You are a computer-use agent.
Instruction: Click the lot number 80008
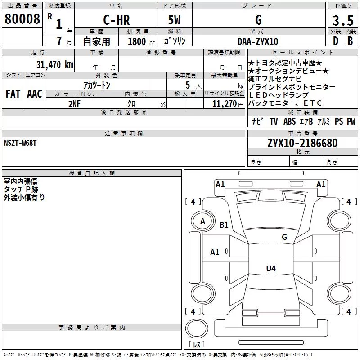22,19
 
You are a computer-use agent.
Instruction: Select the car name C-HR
117,20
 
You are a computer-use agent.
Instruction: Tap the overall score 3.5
343,21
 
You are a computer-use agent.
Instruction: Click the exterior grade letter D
336,41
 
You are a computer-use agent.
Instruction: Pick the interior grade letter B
351,41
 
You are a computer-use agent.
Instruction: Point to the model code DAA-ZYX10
258,41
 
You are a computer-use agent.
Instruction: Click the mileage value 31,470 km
55,65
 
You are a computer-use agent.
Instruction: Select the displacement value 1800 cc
141,42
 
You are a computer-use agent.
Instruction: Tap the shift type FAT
13,94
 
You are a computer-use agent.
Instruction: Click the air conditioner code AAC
35,94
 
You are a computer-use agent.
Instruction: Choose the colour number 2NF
74,104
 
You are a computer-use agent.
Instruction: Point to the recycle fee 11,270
224,104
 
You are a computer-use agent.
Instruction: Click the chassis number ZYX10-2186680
302,143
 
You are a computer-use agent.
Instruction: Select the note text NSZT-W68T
20,143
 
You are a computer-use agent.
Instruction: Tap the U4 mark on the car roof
271,268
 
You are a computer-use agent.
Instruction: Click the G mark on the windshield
284,237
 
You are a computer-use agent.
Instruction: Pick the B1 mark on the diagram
224,225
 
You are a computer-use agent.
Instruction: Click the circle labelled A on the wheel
202,221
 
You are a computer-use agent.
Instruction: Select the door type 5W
174,20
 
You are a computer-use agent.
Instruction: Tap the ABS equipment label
289,121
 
